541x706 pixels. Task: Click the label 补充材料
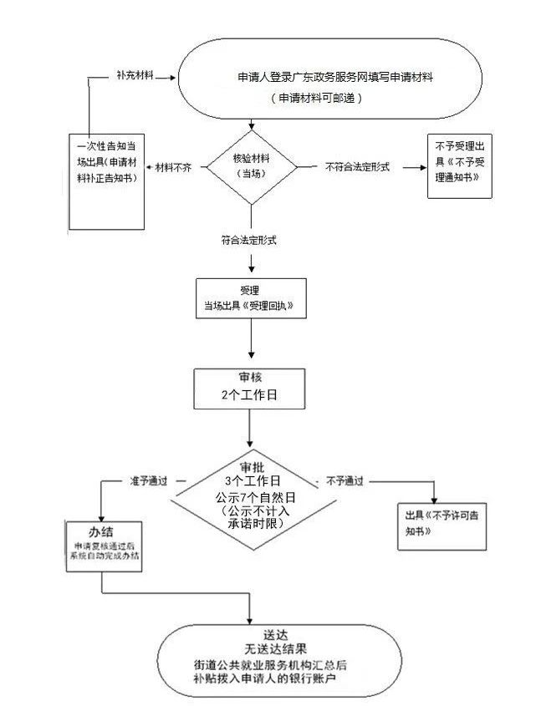135,75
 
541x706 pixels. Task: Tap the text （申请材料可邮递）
316,98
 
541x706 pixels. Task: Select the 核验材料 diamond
252,167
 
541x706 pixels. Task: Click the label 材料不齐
173,167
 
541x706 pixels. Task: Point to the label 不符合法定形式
357,167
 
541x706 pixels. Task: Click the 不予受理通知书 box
459,166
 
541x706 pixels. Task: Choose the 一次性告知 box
106,182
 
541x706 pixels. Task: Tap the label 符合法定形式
248,240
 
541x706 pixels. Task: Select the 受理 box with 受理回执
251,298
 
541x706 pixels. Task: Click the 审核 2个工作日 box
249,389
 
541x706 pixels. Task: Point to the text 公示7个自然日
255,497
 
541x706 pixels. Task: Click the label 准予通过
149,481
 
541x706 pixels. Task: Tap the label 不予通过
345,481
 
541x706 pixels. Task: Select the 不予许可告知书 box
441,526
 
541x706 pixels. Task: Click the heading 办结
101,531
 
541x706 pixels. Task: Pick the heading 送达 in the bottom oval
275,635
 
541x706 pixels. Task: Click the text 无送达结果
275,649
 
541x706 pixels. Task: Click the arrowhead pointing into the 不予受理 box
423,167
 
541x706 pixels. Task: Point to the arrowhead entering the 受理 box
252,269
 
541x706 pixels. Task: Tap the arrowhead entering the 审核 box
252,355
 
